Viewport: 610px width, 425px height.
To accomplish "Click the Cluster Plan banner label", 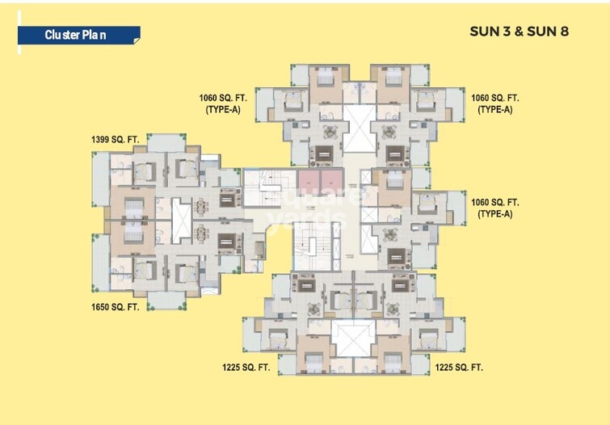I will [x=76, y=35].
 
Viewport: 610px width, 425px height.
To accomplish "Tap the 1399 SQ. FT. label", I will [x=116, y=140].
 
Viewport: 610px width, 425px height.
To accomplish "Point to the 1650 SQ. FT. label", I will [x=116, y=307].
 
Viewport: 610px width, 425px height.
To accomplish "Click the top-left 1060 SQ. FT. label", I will [x=223, y=98].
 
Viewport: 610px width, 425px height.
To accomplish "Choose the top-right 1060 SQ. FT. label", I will [x=495, y=98].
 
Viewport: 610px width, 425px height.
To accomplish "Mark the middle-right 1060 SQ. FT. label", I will [x=495, y=202].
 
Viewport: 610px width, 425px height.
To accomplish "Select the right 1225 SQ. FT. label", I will [x=459, y=367].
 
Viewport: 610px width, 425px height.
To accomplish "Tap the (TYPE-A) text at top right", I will [x=494, y=110].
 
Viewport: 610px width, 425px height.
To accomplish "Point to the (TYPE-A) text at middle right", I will [x=494, y=214].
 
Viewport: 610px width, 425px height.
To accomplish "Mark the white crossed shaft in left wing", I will [x=181, y=214].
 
